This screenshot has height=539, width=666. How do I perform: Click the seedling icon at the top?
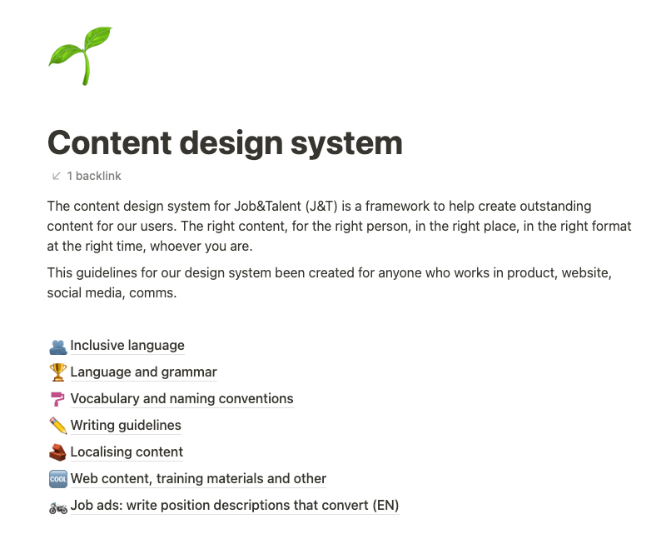tap(80, 55)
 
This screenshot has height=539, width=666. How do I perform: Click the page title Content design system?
tap(225, 142)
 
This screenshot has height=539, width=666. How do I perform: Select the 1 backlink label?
tap(94, 176)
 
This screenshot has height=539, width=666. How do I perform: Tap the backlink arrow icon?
tap(57, 176)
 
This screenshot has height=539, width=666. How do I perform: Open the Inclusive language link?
tap(127, 345)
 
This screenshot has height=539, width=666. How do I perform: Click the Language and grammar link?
tap(143, 372)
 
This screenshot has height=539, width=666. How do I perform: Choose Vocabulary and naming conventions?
tap(181, 398)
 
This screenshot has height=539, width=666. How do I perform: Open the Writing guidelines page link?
tap(126, 425)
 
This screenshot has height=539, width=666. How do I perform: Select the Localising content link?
tap(127, 452)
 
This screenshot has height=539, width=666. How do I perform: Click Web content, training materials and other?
tap(198, 478)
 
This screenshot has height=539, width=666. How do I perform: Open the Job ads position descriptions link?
tap(234, 505)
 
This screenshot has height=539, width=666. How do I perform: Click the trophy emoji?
tap(57, 372)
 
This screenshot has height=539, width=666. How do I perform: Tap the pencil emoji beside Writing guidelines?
tap(57, 425)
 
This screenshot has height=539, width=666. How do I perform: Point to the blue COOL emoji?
tap(57, 478)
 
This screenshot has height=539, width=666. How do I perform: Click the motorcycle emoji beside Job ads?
tap(57, 505)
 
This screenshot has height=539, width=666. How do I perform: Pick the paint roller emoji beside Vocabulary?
tap(57, 398)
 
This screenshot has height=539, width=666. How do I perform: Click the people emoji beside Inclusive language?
tap(57, 345)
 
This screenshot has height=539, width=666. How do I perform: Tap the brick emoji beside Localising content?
tap(57, 452)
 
